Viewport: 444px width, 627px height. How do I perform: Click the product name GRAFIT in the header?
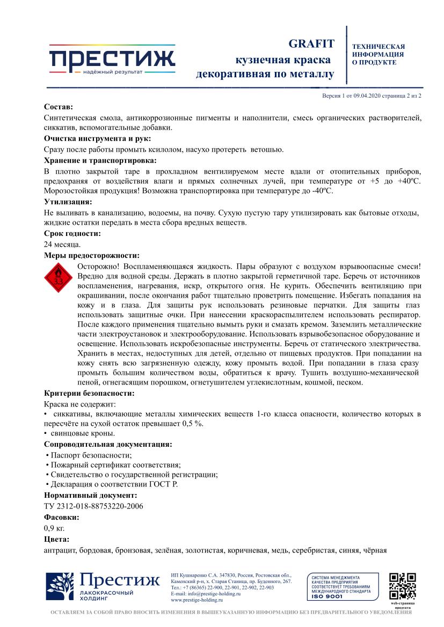[x=311, y=44]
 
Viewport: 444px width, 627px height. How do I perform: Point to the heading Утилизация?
[x=68, y=202]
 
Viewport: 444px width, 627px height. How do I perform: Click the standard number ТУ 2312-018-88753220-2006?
[x=93, y=505]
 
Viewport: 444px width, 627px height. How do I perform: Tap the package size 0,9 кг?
[x=54, y=528]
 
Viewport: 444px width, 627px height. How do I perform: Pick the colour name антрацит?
[x=60, y=550]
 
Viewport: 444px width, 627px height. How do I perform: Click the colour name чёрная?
[x=375, y=550]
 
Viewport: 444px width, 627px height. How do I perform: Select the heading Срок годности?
[x=72, y=234]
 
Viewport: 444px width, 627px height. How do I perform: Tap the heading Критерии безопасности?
[x=89, y=393]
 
